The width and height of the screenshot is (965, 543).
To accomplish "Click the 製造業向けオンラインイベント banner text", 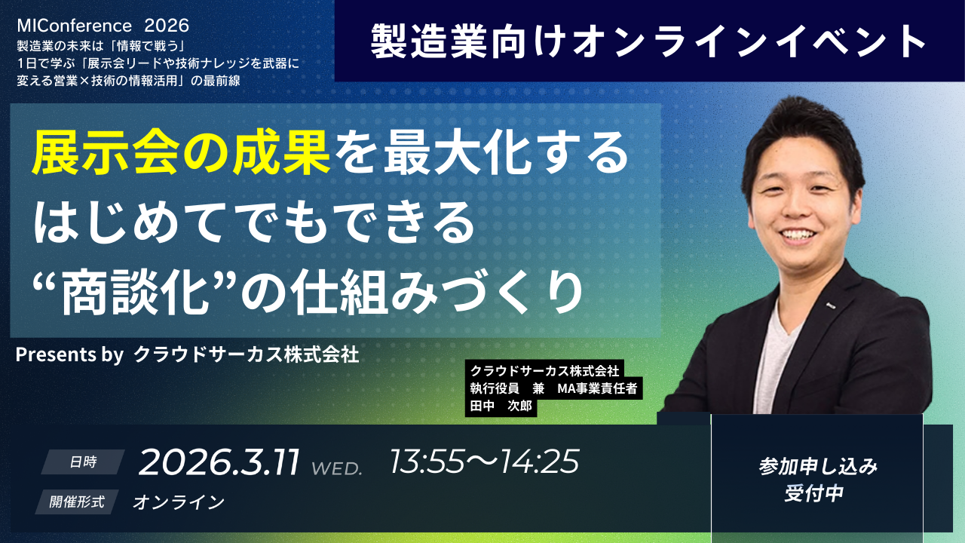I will pos(648,42).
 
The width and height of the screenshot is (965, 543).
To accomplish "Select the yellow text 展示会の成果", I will pos(181,153).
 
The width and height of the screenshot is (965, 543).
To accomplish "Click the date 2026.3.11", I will pos(219,462).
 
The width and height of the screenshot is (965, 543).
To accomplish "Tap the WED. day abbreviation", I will pos(337,468).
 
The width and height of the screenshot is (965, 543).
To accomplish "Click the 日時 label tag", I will pos(83,462).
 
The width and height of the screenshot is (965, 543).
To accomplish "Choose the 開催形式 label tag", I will pos(77,502).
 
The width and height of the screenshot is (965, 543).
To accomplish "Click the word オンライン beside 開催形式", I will pos(179,502).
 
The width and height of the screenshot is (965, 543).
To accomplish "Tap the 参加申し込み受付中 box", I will pos(817,480).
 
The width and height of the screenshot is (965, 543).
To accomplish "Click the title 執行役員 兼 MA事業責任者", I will pos(553,389).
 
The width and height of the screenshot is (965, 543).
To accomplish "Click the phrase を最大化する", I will pos(480,153).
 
